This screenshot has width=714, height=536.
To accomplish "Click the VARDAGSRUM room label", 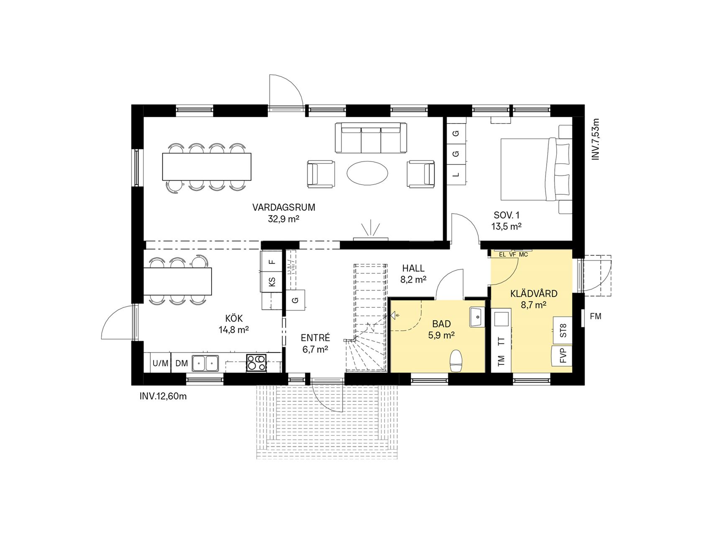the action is tap(284, 207).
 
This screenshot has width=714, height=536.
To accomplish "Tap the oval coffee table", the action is tap(367, 173).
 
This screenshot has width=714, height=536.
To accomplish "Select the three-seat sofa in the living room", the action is tap(371, 138).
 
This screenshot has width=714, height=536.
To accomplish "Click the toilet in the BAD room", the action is tap(456, 361).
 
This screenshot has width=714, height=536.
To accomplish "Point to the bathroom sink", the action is tap(477, 317).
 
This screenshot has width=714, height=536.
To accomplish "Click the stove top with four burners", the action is tap(256, 363).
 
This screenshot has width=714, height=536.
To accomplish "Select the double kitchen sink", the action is tap(205, 363).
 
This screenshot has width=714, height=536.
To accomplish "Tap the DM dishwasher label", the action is tap(182, 363).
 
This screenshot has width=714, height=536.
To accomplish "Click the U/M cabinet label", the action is tap(160, 363).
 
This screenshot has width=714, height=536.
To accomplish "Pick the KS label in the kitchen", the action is tap(272, 282).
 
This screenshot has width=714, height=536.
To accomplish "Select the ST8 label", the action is tap(563, 331).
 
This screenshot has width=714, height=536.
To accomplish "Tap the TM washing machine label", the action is tap(502, 360).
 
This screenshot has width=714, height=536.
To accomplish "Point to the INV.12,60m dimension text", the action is tap(163, 396).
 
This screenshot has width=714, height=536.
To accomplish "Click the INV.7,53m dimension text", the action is tap(596, 139).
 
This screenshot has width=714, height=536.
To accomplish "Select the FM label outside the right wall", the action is tap(596, 317).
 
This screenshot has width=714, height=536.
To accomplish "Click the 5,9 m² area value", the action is tap(441, 335).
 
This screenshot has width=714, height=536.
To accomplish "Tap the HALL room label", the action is tap(413, 268).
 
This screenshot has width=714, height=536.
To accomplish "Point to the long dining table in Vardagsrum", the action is tap(207, 167).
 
